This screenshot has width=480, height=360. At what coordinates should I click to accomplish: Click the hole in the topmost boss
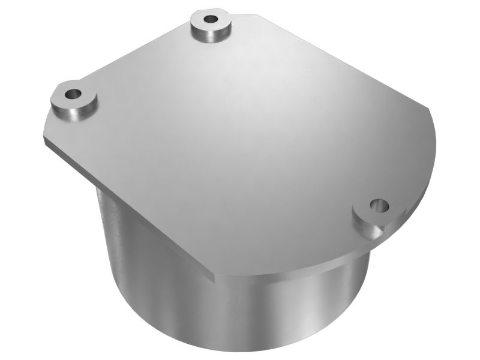[x=211, y=19]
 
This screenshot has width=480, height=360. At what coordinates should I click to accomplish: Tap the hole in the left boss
[x=73, y=94]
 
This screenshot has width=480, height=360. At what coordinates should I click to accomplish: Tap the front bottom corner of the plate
[x=214, y=277]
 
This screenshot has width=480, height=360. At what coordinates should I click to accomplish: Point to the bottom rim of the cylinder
[x=240, y=348]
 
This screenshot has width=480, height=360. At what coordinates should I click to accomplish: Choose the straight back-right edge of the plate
[x=336, y=60]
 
